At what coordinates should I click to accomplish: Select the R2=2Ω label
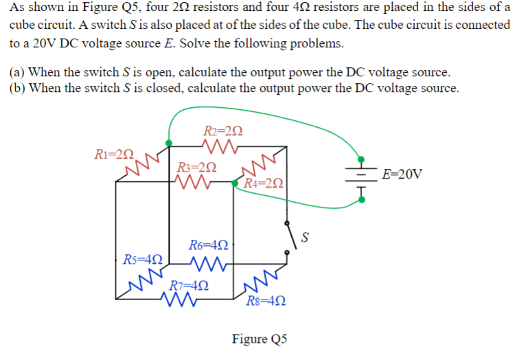point(223,131)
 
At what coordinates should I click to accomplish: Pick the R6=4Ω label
point(209,245)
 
